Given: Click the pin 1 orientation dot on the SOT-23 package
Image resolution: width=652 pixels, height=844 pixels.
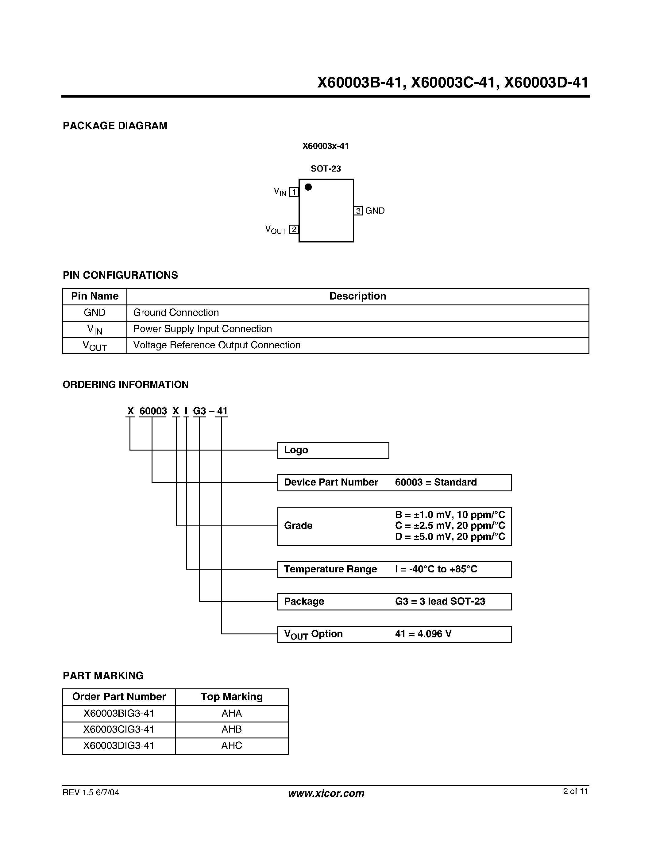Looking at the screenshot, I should pos(308,187).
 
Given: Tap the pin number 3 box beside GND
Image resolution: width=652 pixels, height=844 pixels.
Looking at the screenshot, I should pos(358,211).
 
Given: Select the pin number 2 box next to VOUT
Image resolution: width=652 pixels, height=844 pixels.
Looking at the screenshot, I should pos(294,229).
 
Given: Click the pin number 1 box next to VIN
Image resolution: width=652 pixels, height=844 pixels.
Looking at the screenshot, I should pos(294,192).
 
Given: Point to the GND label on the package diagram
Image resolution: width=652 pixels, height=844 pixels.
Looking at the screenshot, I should pos(375,211).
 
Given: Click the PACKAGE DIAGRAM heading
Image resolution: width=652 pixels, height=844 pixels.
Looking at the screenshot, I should pos(115,126).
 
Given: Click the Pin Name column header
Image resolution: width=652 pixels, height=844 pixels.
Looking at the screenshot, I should pos(95,296).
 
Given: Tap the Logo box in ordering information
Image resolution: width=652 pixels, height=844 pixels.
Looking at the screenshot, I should pos(333,450).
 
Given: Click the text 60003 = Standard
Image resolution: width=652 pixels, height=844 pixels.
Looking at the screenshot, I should pos(436,482).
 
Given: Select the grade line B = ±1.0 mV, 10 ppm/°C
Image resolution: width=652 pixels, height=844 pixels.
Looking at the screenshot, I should pos(450,515).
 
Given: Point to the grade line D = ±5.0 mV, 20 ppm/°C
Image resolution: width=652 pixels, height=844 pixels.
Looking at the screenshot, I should pos(450,537).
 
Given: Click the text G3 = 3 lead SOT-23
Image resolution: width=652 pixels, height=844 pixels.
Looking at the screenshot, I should pos(440,601).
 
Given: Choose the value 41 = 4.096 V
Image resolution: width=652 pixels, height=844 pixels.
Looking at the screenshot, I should pos(423,634).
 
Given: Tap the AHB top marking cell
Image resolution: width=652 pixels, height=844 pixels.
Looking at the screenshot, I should pos(231,729).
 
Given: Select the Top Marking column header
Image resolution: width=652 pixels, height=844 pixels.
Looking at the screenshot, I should pos(231,696).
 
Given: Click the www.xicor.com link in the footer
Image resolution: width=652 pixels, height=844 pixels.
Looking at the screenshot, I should pos(326,793).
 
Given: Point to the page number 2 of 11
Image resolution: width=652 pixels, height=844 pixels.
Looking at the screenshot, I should pos(575,791).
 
